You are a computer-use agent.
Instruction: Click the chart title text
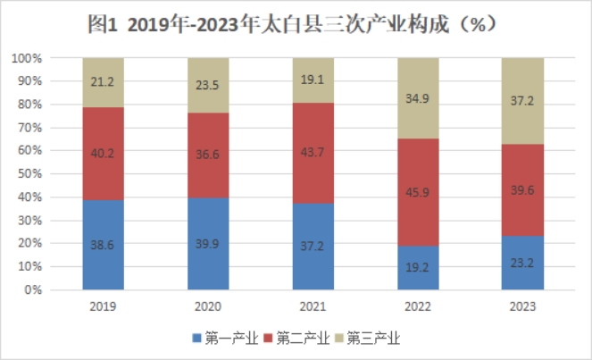(x=295, y=25)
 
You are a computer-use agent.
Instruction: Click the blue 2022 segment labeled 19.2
(x=418, y=268)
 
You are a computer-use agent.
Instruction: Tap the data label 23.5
(x=208, y=88)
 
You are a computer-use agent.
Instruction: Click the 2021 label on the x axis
(x=313, y=306)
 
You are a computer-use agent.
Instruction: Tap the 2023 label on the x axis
(x=522, y=306)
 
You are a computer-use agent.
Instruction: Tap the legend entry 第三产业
(x=366, y=339)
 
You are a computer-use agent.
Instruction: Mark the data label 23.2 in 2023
(x=522, y=265)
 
